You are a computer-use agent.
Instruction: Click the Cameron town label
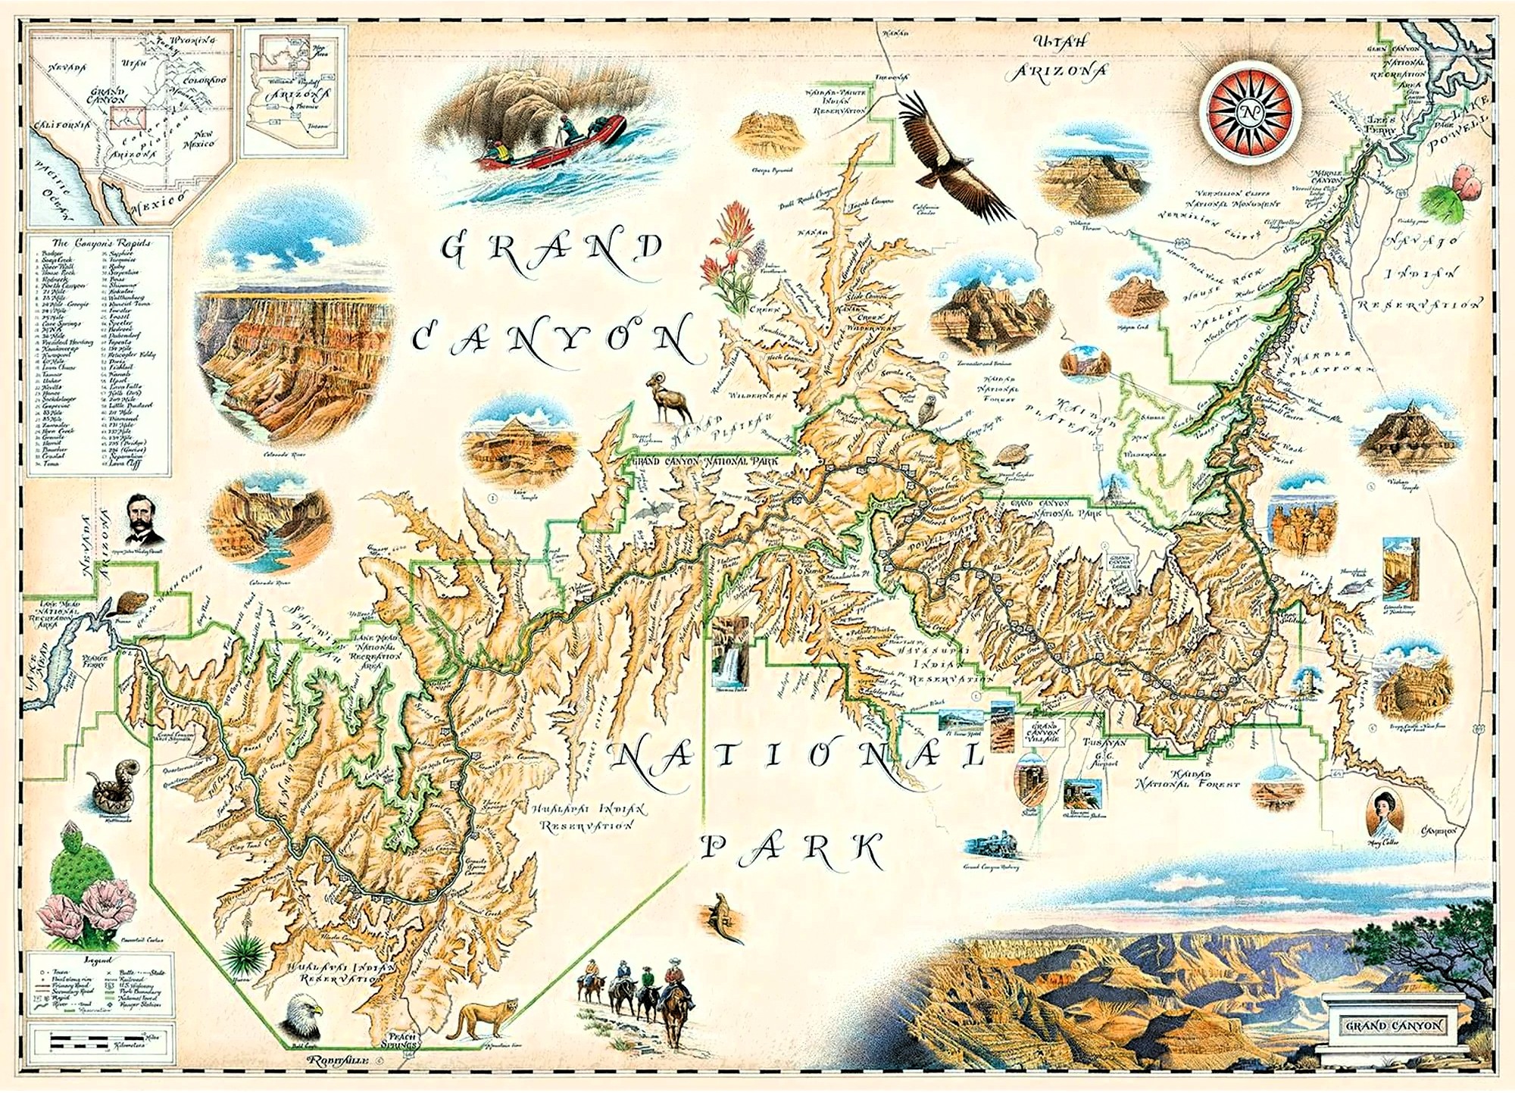click(x=1438, y=831)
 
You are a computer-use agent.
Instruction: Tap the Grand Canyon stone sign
click(x=1394, y=1026)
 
